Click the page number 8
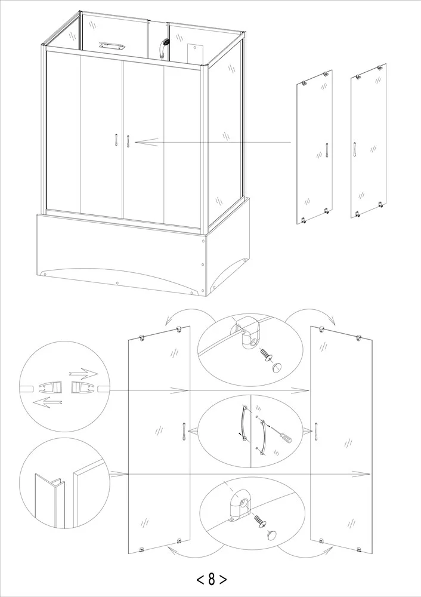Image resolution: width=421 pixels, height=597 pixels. click(x=212, y=579)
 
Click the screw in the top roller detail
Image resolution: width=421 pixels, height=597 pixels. click(x=266, y=354)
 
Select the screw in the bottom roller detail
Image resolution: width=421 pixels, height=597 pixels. click(x=260, y=521)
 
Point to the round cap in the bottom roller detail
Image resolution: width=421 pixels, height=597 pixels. click(x=271, y=534)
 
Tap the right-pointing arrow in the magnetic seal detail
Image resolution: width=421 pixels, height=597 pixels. click(x=83, y=374)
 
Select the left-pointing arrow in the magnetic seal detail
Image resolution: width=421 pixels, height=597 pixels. click(x=48, y=402)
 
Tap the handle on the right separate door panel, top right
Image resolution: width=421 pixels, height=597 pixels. click(x=354, y=149)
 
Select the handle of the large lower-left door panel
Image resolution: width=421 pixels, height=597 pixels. click(x=183, y=432)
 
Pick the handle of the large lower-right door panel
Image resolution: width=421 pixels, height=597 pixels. click(x=315, y=432)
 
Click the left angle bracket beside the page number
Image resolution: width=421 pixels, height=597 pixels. click(x=200, y=580)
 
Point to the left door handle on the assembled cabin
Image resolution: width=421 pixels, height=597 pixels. click(x=115, y=140)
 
